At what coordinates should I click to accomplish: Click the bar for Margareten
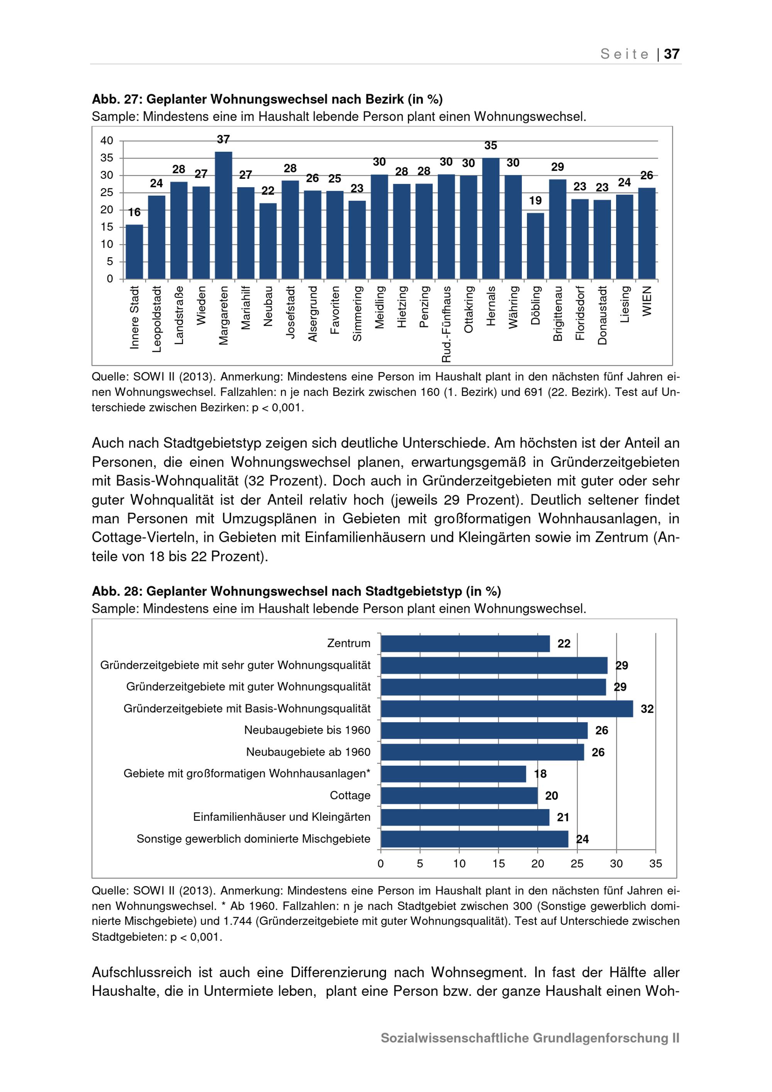point(223,215)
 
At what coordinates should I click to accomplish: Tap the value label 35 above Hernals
point(491,146)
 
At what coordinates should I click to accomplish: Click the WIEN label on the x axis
point(647,300)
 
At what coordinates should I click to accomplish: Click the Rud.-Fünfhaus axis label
point(446,324)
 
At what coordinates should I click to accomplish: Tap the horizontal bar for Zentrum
point(465,643)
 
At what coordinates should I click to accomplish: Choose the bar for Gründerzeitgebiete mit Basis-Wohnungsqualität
point(507,709)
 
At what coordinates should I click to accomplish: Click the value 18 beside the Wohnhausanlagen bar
point(540,774)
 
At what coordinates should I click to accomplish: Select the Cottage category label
point(350,795)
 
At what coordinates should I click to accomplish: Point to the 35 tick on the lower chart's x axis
point(655,864)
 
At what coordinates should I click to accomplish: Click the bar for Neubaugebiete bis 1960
point(484,731)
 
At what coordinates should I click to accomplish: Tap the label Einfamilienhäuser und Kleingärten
point(281,817)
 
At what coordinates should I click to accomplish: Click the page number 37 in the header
point(672,54)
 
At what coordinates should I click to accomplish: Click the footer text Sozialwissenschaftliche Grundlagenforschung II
point(530,1038)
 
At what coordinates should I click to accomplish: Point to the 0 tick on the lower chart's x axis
point(381,864)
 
